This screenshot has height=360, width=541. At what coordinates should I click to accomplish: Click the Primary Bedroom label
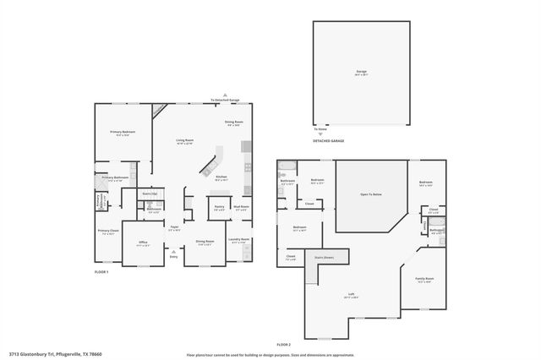pyautogui.click(x=123, y=134)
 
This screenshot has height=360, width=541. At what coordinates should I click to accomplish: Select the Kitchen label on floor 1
pyautogui.click(x=221, y=178)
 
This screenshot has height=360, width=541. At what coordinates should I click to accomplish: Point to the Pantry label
pyautogui.click(x=218, y=208)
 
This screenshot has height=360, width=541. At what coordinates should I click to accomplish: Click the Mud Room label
pyautogui.click(x=241, y=208)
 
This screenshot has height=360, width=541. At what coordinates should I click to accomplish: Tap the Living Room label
pyautogui.click(x=185, y=142)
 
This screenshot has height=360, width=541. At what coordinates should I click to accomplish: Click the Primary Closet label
pyautogui.click(x=107, y=232)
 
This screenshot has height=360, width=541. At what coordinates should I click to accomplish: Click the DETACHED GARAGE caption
pyautogui.click(x=328, y=141)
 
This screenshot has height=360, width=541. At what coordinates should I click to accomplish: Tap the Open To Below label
pyautogui.click(x=371, y=195)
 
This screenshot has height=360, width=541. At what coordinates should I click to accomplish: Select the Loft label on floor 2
pyautogui.click(x=349, y=295)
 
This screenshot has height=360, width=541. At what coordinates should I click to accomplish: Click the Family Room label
pyautogui.click(x=424, y=279)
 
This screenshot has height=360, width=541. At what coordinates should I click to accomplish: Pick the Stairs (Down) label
pyautogui.click(x=324, y=257)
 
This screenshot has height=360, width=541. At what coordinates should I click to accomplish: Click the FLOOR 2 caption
pyautogui.click(x=285, y=345)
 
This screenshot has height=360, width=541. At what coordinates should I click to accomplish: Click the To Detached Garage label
pyautogui.click(x=225, y=101)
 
